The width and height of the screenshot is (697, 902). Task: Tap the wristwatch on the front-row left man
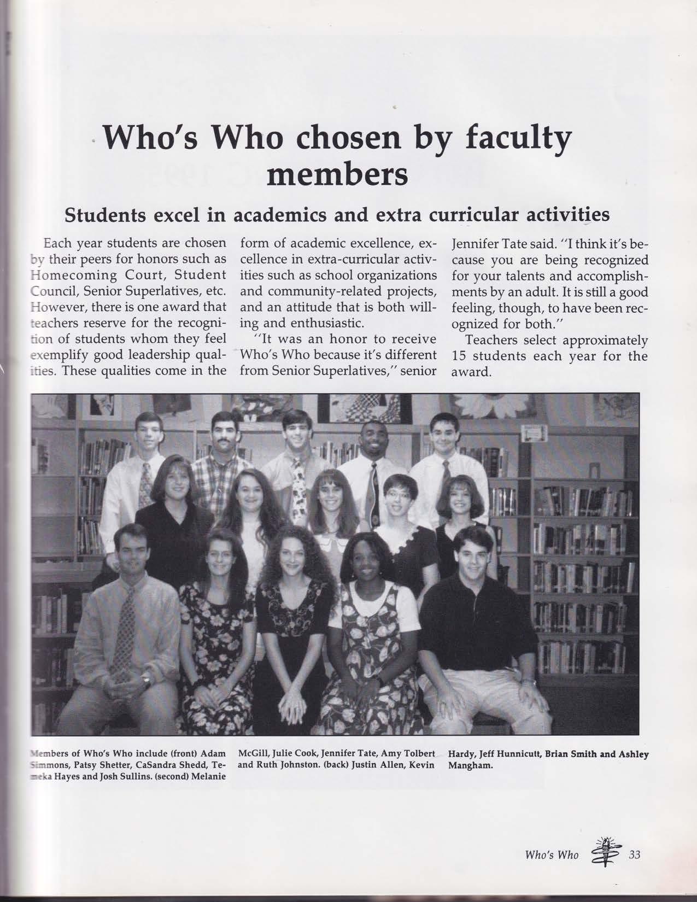145,681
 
